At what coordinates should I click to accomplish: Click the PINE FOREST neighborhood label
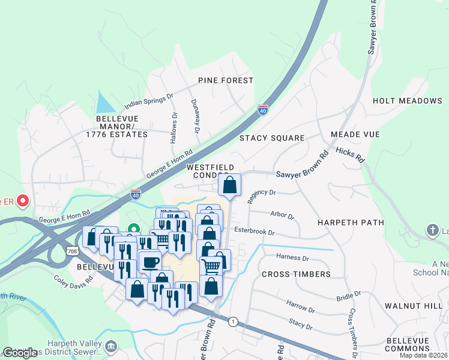click(x=226, y=80)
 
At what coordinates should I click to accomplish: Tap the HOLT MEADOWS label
click(x=407, y=101)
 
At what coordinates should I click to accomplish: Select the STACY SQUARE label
click(x=272, y=138)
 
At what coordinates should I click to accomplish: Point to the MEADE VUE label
click(x=355, y=134)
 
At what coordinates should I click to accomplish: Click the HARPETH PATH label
click(x=351, y=223)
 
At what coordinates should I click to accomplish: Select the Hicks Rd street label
click(x=351, y=155)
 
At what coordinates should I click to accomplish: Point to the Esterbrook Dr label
click(x=254, y=232)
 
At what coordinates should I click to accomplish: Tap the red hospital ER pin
click(x=23, y=200)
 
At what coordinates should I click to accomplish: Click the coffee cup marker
click(x=149, y=261)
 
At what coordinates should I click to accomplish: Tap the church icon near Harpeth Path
click(x=432, y=230)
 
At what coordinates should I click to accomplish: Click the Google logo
click(x=20, y=353)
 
